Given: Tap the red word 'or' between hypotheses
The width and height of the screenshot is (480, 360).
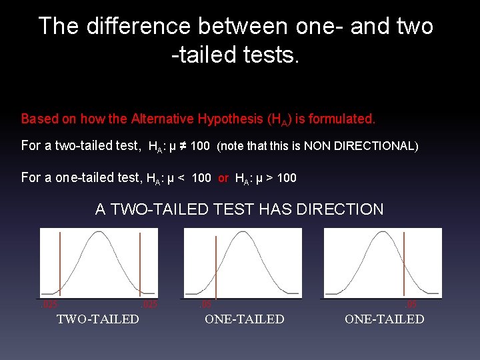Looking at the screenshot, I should tap(223, 178).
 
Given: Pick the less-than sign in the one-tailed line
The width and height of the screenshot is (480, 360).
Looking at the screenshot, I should tap(181, 178).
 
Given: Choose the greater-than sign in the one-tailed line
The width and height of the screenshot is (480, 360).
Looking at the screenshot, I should tap(267, 178).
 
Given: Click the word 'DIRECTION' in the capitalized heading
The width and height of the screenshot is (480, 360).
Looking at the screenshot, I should tap(341, 209).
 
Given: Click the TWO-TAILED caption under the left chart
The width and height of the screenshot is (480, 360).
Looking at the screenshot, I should tap(98, 319).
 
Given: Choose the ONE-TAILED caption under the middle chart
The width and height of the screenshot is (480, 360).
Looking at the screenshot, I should tap(244, 319).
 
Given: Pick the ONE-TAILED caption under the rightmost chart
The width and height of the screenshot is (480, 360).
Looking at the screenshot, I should tap(384, 319).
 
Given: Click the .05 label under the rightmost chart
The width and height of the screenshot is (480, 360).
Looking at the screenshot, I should tap(411, 305).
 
